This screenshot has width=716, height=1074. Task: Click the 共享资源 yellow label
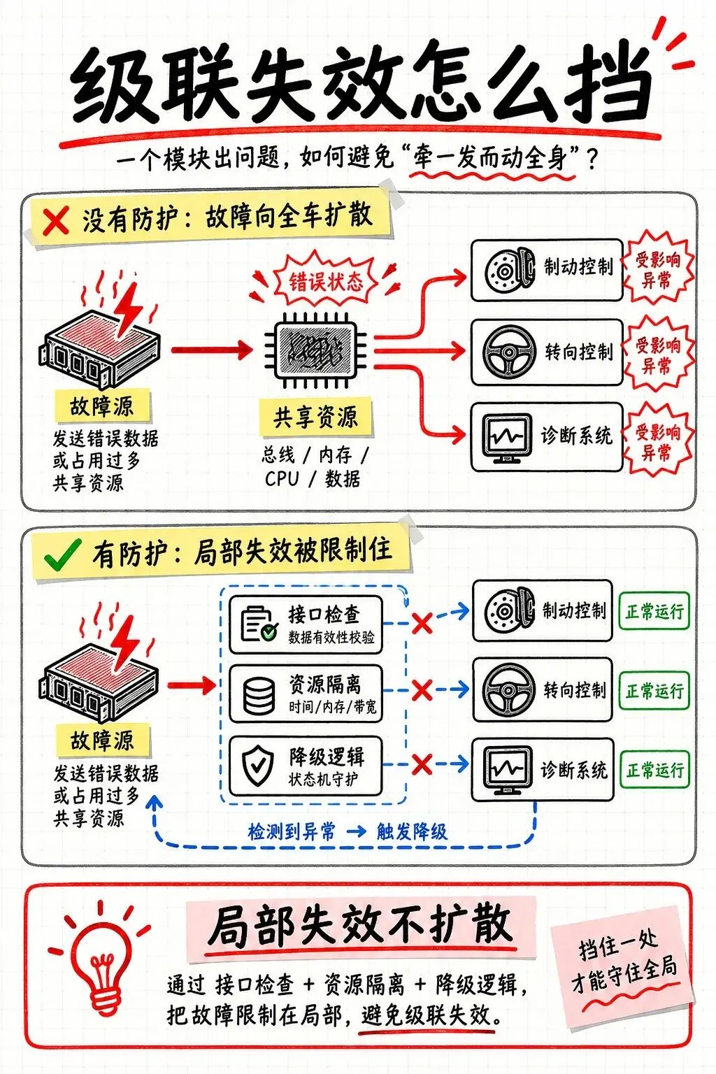(315, 417)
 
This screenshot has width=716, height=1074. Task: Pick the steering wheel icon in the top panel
(509, 352)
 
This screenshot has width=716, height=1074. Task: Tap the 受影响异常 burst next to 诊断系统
(658, 442)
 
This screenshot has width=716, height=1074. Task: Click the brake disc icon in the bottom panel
(509, 611)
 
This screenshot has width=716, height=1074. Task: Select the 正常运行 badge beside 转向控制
(654, 690)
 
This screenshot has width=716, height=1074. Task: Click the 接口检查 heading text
(324, 615)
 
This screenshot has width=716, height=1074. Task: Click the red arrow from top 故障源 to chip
(211, 350)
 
